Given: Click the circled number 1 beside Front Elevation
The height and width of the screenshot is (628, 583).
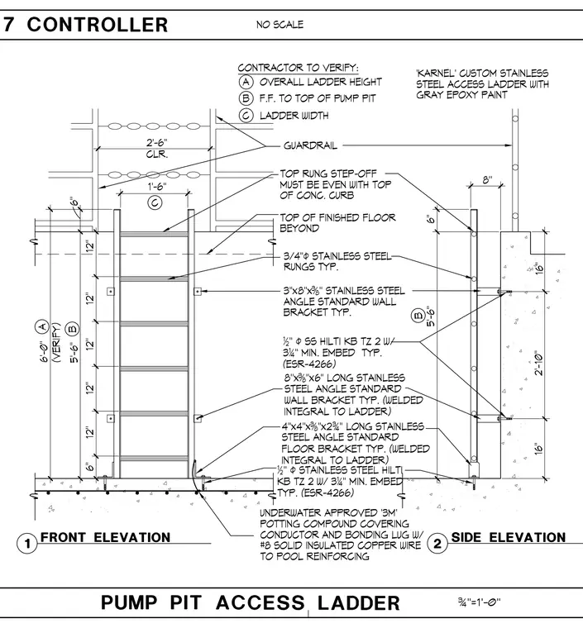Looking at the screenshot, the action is coord(26,544).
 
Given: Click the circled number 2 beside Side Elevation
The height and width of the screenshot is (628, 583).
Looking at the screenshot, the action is coord(437,543).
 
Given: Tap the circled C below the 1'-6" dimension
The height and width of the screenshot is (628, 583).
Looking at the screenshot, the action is coord(155,202).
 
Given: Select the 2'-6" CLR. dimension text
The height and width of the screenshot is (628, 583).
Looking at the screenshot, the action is coord(156,148).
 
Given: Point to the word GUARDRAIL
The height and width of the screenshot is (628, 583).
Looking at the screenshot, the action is coord(310,145).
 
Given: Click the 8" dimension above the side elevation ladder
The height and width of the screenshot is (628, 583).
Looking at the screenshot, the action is coord(487,180).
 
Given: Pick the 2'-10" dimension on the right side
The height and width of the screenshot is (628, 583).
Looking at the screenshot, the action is coord(539,364).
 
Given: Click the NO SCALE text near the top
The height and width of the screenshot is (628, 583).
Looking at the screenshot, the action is coord(280,25).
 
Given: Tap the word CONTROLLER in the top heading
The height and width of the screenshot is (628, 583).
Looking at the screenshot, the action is coord(98,25).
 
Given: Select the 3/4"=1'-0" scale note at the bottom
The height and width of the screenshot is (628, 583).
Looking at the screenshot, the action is coord(480,602).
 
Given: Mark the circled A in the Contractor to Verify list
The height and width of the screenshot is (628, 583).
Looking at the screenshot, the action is coord(246,82).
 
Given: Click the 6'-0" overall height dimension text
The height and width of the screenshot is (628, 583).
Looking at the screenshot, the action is coord(44,351).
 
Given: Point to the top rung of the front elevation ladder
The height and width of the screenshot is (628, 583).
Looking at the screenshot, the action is coord(155,234).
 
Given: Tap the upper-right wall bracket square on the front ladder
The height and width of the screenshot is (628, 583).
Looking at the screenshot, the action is coord(197,291).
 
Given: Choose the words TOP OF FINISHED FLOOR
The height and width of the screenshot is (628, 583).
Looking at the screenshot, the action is coord(337,217).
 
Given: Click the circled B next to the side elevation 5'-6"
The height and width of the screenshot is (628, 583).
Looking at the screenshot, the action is coord(418,316).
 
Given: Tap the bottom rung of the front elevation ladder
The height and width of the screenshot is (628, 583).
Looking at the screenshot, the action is coord(155,458).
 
